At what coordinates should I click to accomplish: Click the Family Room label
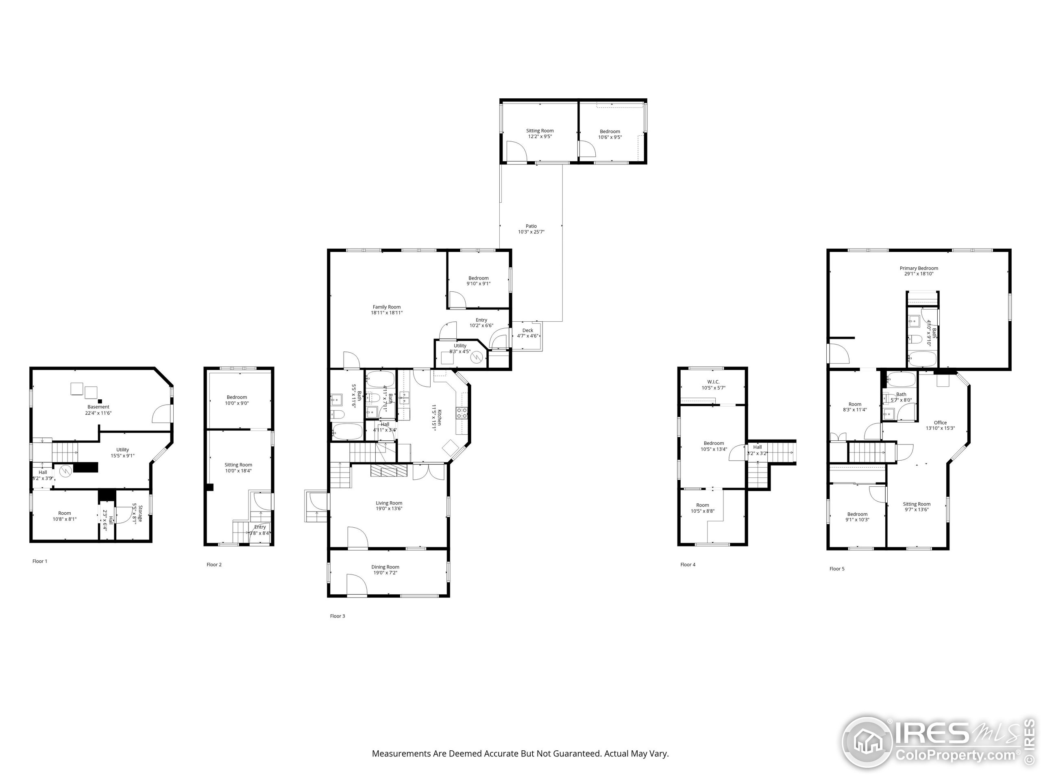[x=386, y=307]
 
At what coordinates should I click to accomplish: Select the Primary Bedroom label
[x=919, y=269]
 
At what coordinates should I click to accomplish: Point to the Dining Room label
[x=385, y=567]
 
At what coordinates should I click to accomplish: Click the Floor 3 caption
[x=338, y=616]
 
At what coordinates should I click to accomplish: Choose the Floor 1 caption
[x=39, y=561]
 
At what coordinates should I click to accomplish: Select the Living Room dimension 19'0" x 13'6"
[x=389, y=509]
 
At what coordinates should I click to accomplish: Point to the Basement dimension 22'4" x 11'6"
[x=98, y=413]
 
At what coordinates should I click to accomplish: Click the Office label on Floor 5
[x=940, y=422]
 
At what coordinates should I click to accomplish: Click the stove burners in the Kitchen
[x=462, y=413]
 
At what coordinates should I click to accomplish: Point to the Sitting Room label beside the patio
[x=540, y=131]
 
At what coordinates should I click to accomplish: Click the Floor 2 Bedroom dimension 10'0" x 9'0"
[x=237, y=403]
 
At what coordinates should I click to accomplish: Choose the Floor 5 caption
[x=837, y=568]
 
